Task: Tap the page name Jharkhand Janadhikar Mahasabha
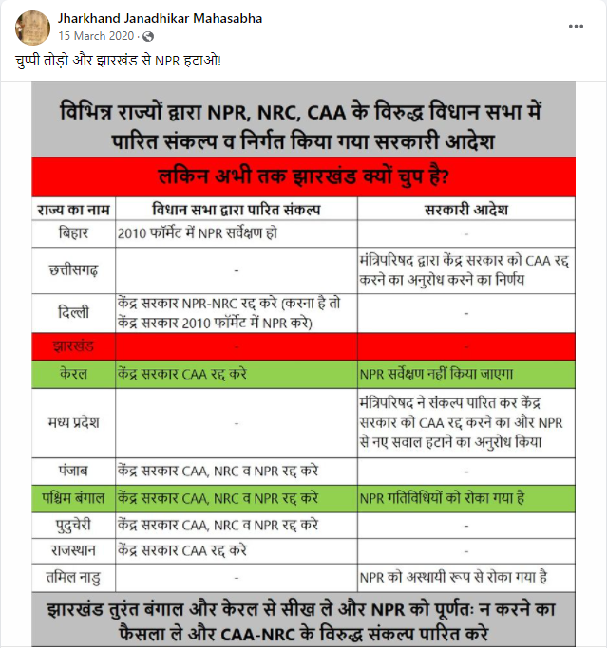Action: tap(161, 18)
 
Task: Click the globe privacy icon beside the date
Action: tap(147, 36)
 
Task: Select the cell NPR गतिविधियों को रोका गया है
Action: tap(442, 497)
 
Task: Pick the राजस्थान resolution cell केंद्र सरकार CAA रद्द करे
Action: tap(182, 549)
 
